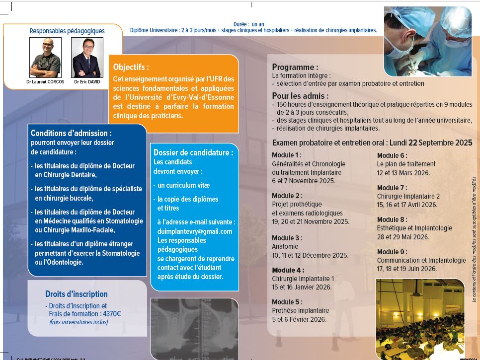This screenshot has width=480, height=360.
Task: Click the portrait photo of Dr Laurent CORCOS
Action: [x=45, y=58]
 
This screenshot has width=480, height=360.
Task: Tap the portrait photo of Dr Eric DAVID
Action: [x=87, y=58]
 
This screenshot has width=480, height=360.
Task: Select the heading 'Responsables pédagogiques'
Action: [x=63, y=31]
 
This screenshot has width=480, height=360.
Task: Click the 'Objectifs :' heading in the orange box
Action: [x=131, y=67]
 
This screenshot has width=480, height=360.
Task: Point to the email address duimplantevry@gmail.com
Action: [x=195, y=231]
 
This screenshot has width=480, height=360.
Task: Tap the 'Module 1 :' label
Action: [x=287, y=155]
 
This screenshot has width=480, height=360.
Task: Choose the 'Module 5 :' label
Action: [x=287, y=302]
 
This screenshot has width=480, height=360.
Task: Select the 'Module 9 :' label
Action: [x=392, y=252]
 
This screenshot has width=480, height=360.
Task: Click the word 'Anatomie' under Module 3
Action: [x=285, y=246]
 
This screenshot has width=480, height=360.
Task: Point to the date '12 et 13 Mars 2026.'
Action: [x=403, y=173]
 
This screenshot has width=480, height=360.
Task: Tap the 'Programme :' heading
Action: [x=295, y=67]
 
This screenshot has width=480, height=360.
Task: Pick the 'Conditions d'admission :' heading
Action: [x=71, y=133]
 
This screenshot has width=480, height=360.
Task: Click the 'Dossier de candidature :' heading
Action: [x=193, y=152]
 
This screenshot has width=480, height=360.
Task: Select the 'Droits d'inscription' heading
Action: [x=76, y=294]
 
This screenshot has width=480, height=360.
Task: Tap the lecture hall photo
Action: [x=420, y=318]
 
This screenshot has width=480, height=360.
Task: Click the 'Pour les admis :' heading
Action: [x=300, y=96]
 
